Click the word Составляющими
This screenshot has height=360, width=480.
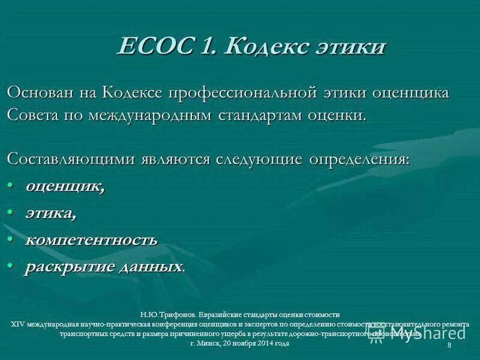[x=71, y=160]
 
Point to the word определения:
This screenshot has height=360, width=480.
[x=359, y=160]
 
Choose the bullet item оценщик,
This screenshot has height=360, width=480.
[x=65, y=187]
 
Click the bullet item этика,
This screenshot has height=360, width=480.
[x=50, y=213]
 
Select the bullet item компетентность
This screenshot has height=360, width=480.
[x=91, y=240]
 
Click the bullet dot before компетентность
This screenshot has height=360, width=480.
[x=11, y=240]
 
